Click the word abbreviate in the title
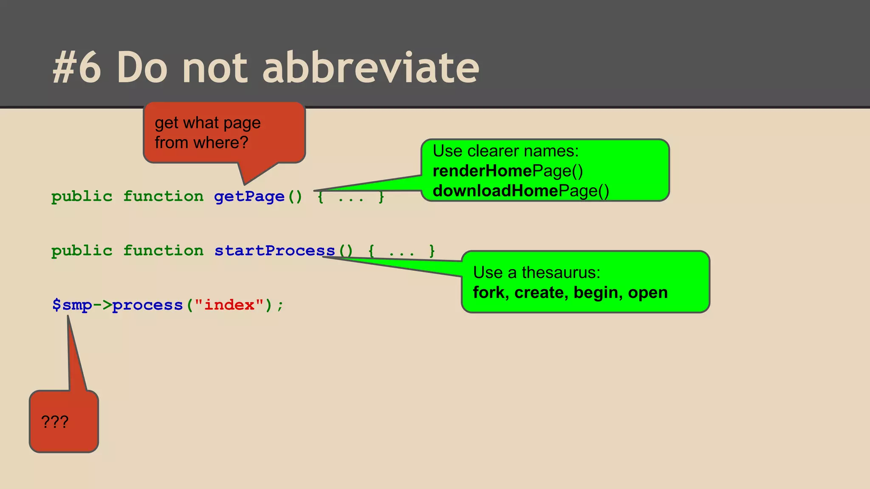click(x=370, y=68)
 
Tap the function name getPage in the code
click(x=249, y=197)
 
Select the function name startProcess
click(x=274, y=251)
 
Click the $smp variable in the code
click(x=72, y=305)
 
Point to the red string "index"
click(x=229, y=305)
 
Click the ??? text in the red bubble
click(x=55, y=422)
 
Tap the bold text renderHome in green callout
click(x=482, y=171)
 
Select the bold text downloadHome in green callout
click(x=495, y=191)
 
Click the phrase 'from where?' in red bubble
click(x=201, y=143)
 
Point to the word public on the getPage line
click(x=82, y=197)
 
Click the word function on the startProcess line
click(x=164, y=251)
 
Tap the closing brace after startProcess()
click(x=432, y=251)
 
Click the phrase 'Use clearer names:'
click(x=506, y=151)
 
